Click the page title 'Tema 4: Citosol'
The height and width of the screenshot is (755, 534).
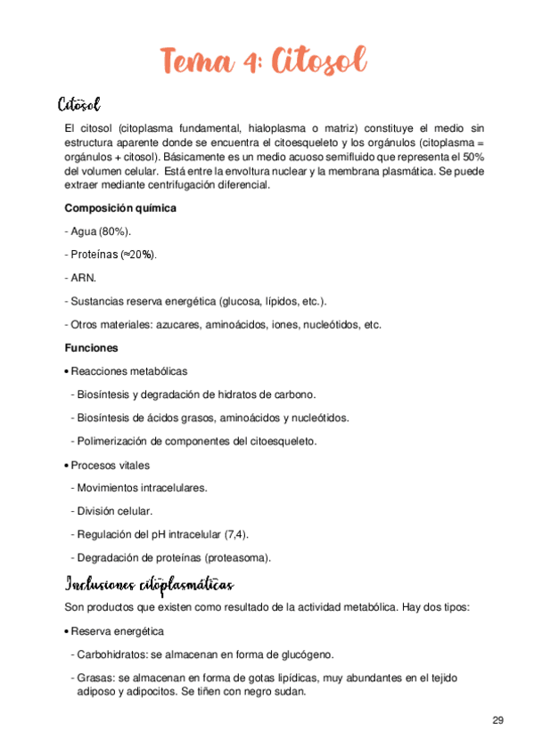(x=264, y=62)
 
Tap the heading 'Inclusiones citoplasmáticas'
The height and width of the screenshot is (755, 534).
(x=150, y=584)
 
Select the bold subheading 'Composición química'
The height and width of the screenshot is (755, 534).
(x=120, y=208)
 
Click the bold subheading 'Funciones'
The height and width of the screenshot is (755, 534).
(x=92, y=348)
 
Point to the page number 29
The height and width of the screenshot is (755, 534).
(x=497, y=719)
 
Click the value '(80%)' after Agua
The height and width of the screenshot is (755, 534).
(x=115, y=231)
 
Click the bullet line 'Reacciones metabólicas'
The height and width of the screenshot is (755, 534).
(x=128, y=371)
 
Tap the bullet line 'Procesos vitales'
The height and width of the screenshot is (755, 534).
(x=110, y=465)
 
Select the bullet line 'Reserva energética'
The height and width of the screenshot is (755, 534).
(x=117, y=631)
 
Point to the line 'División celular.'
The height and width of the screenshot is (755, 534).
(x=114, y=511)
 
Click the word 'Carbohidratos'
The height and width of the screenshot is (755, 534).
(x=112, y=654)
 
